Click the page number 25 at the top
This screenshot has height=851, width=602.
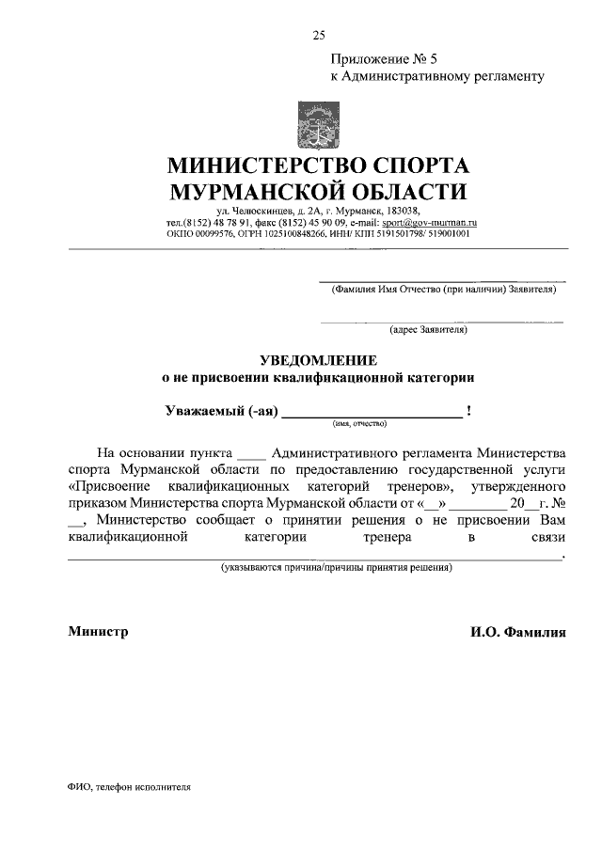[318, 36]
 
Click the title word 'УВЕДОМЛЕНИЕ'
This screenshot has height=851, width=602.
[318, 360]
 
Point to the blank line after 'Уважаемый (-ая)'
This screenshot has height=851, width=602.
[372, 412]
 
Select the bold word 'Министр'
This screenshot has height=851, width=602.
[98, 632]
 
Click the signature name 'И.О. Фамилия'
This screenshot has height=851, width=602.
[518, 633]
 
